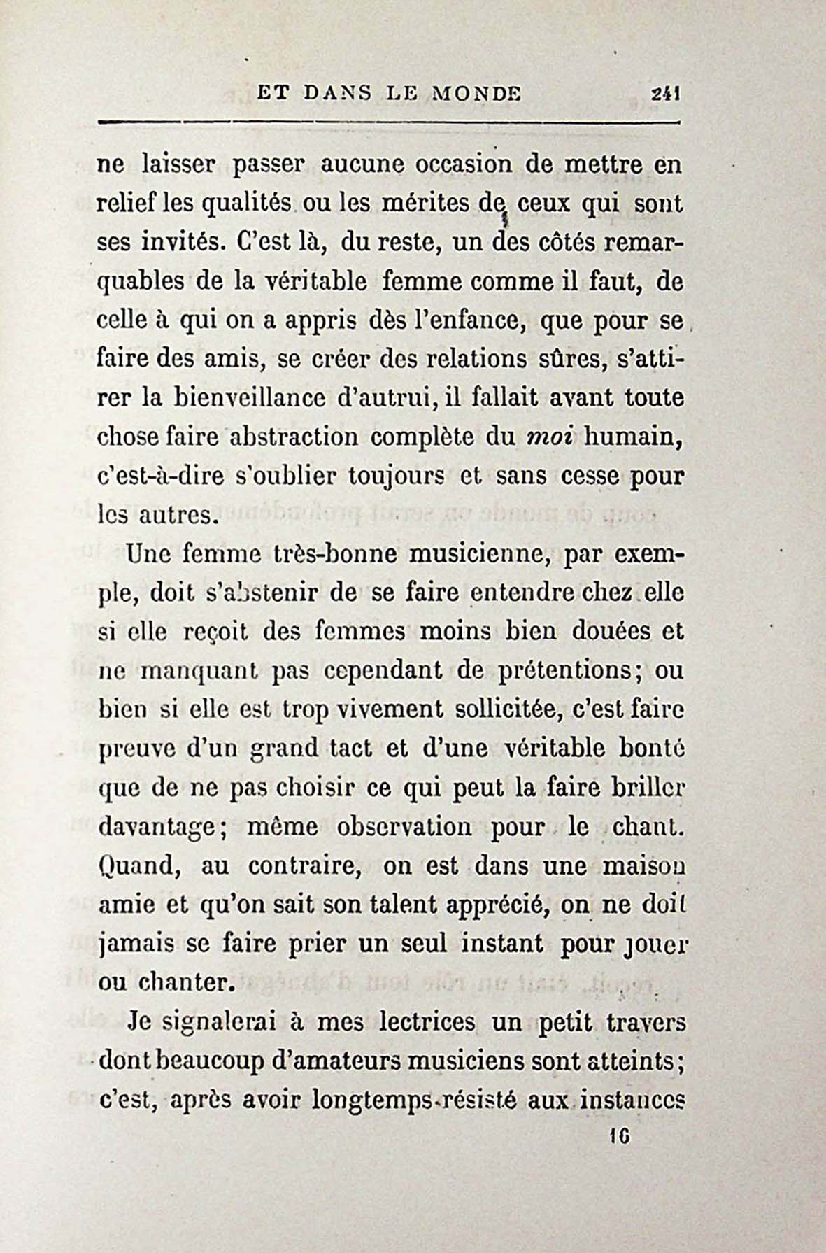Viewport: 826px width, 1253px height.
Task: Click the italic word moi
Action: tap(549, 439)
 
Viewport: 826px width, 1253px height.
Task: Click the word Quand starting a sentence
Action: tap(139, 867)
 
